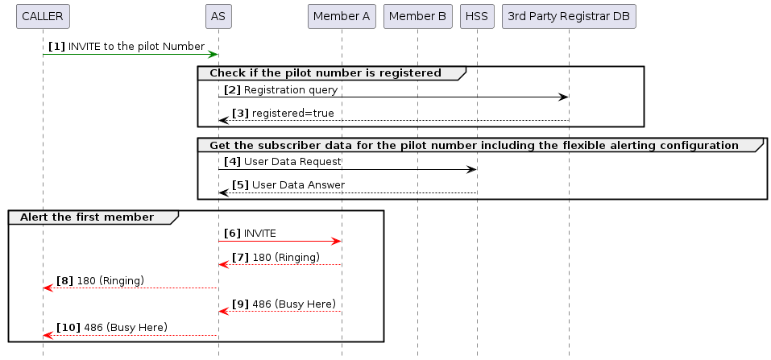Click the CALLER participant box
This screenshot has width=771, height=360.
(43, 16)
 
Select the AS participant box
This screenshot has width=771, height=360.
(218, 16)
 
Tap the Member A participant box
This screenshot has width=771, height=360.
(342, 16)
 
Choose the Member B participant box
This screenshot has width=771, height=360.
(417, 16)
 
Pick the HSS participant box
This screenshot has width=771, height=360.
(477, 16)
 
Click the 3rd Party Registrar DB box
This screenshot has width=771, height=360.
(569, 16)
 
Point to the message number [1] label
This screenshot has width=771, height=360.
(56, 47)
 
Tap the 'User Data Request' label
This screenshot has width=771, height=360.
(293, 161)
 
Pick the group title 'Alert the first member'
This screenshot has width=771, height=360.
(86, 217)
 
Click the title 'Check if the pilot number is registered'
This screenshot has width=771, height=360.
(325, 73)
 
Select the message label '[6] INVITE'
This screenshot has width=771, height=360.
(250, 233)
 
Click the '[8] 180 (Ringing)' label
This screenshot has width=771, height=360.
(101, 280)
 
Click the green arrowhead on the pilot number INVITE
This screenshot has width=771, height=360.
(213, 55)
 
